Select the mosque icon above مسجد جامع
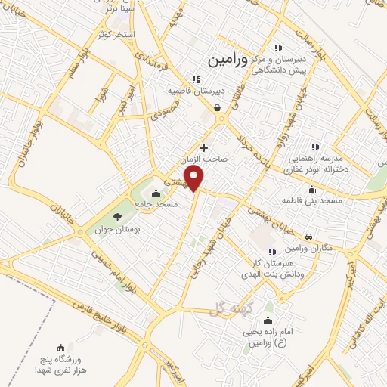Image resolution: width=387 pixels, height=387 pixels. pos(156,192)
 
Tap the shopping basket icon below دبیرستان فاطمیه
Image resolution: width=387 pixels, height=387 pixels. pos(218,107)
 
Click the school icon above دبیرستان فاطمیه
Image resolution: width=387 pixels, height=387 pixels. pos(195,79)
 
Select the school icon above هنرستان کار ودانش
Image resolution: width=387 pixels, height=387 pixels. pos(271,251)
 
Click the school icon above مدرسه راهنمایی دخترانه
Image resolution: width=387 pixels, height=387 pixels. pos(316,147)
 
